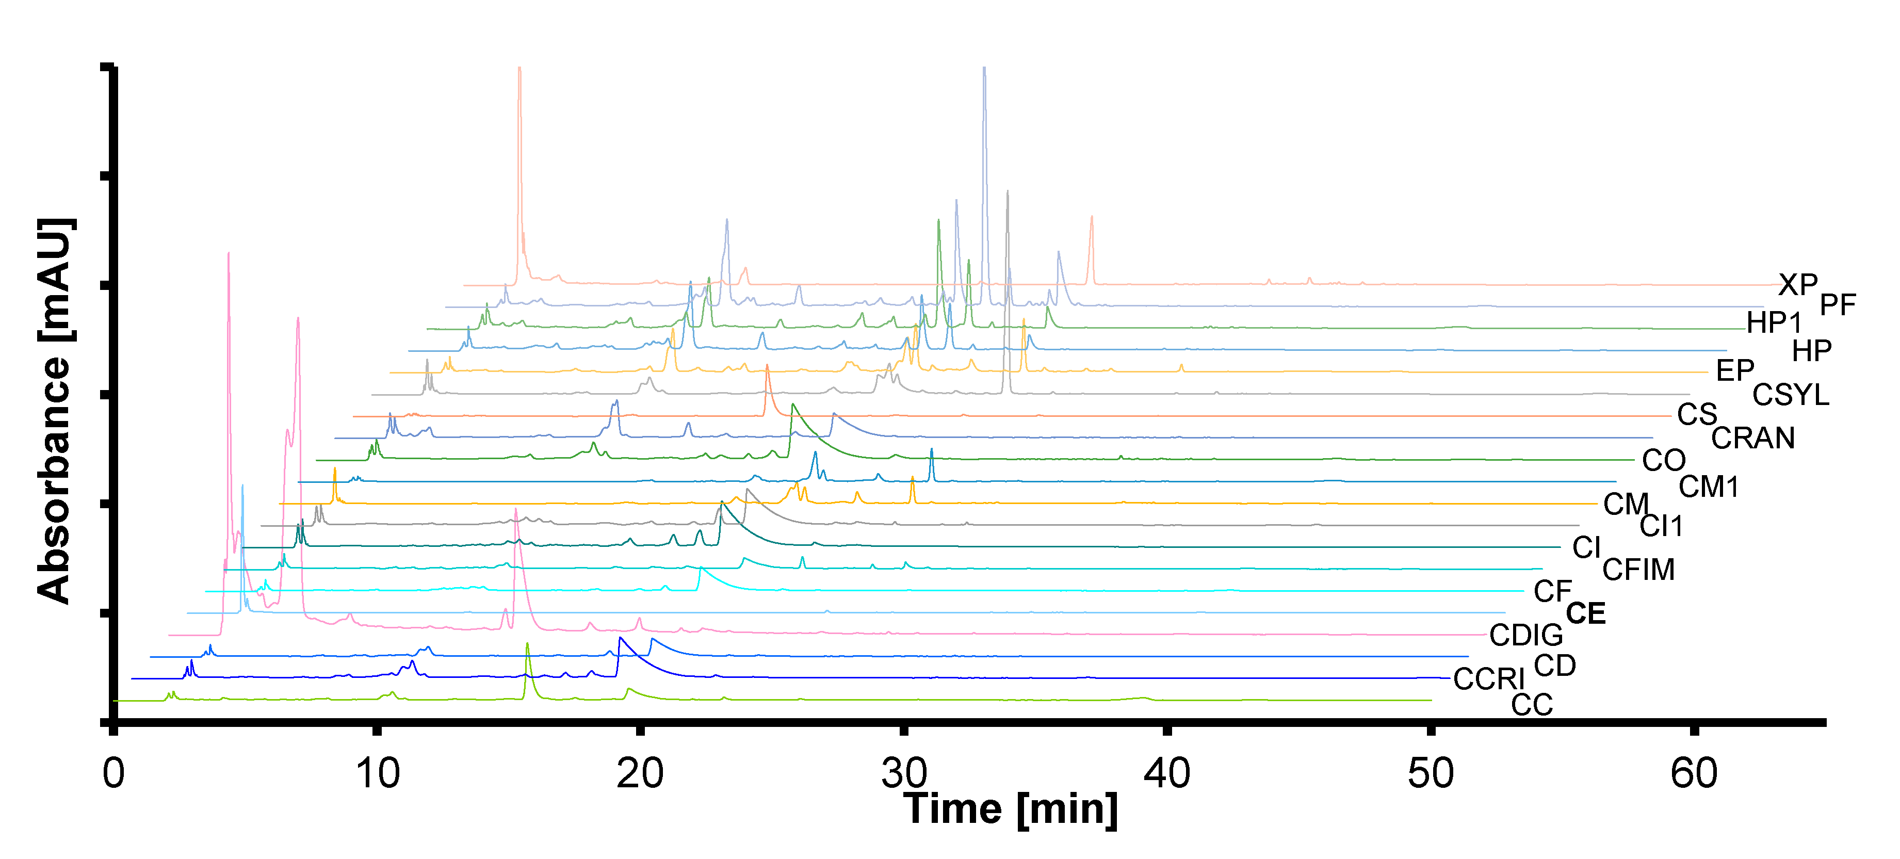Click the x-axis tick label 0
[113, 774]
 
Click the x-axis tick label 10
[377, 774]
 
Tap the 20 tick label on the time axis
[640, 774]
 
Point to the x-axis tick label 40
[1167, 774]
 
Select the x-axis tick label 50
[1430, 774]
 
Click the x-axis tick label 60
[1694, 774]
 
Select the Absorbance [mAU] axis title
[55, 411]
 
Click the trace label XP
[1797, 285]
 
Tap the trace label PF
[1837, 304]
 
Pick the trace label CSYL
[1791, 395]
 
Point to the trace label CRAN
[1752, 438]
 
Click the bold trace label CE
[1586, 613]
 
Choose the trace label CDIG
[1525, 635]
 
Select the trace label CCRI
[1488, 679]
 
